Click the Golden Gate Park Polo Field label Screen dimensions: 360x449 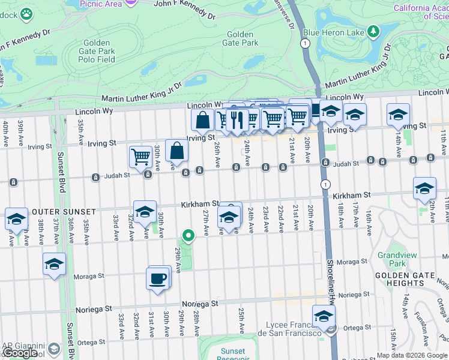(x=97, y=51)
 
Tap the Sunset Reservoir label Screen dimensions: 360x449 (x=232, y=355)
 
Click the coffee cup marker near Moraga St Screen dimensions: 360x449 (x=158, y=279)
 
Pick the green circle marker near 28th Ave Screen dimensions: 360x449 (x=188, y=236)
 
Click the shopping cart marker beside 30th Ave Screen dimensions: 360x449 (x=140, y=157)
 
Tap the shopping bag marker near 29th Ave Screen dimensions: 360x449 (x=177, y=151)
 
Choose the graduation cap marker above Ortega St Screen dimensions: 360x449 (x=324, y=316)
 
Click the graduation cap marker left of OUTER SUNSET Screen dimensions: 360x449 (x=16, y=219)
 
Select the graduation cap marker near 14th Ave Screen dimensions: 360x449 (x=398, y=114)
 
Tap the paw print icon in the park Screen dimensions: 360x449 (x=26, y=13)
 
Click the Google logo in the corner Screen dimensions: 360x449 (x=20, y=353)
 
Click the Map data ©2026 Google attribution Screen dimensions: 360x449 (x=411, y=355)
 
